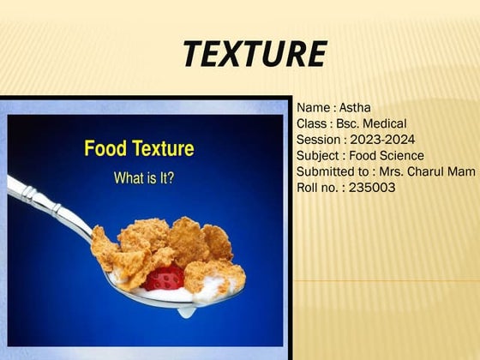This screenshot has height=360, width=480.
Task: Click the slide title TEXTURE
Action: (253, 55)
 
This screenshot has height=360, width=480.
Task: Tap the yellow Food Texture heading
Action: (139, 149)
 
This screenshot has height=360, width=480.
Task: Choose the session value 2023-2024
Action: (388, 140)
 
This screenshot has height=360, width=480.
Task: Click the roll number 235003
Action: (369, 188)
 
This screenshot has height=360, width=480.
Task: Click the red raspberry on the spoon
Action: (165, 277)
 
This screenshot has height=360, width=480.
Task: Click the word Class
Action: (312, 123)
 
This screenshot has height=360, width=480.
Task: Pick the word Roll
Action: (309, 188)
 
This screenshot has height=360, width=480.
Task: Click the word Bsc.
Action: (351, 123)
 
